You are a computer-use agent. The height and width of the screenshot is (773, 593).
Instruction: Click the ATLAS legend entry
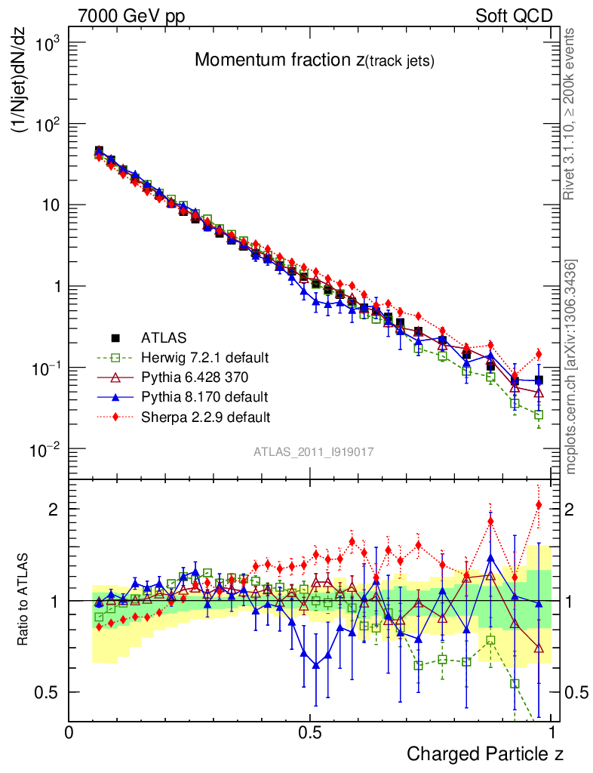coord(163,337)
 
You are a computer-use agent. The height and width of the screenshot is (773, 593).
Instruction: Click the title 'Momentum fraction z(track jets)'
coord(314,61)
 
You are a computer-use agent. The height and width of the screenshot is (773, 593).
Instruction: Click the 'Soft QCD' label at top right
coord(514,16)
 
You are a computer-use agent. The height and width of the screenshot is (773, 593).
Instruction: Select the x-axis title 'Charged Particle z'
coord(485,753)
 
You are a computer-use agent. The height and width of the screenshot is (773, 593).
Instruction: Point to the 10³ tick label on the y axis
coord(45,43)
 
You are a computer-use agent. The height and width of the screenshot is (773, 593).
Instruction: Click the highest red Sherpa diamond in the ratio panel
coord(539,505)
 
